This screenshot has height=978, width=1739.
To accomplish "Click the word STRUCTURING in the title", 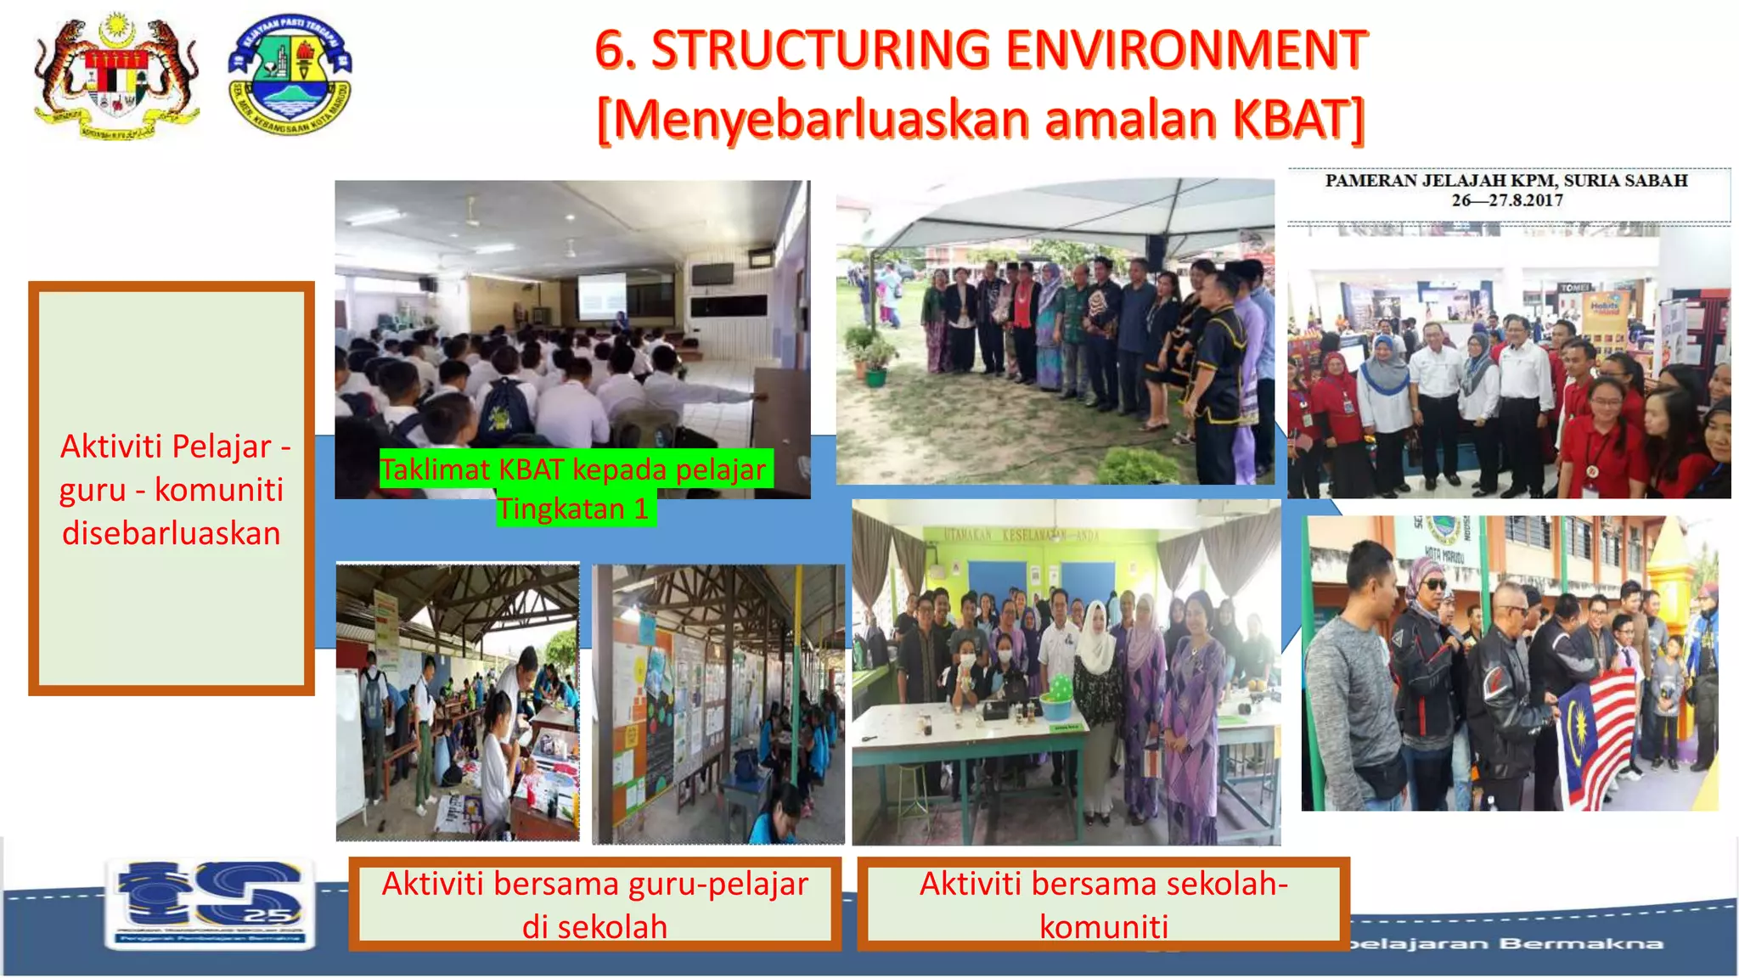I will [819, 49].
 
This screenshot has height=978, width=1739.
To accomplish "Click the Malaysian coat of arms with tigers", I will [116, 76].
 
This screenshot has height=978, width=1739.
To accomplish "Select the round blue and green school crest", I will [290, 75].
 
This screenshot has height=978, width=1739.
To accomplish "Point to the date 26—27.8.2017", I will [1506, 200].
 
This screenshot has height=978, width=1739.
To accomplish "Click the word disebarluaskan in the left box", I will [171, 533].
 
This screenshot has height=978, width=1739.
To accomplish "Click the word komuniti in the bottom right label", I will [1104, 926].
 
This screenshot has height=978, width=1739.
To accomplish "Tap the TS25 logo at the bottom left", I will [210, 902].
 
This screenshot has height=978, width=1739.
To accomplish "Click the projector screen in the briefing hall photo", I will [601, 295].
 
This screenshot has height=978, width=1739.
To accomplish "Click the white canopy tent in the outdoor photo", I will [1053, 212].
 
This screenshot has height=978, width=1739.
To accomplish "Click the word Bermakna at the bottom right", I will [1580, 943].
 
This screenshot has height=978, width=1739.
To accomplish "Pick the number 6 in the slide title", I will [611, 49].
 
